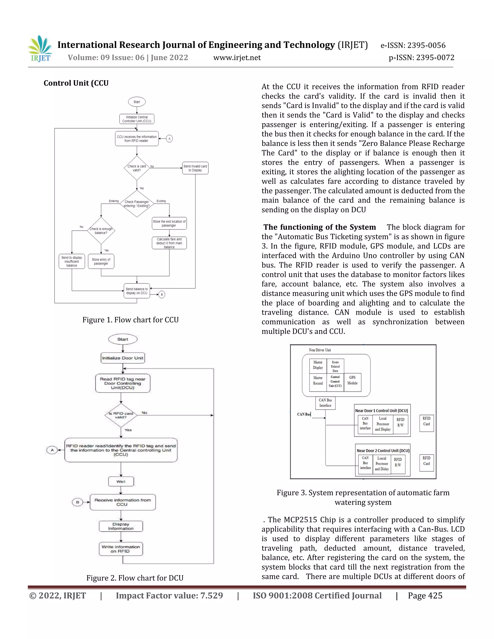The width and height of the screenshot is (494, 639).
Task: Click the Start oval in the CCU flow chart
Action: pos(137,102)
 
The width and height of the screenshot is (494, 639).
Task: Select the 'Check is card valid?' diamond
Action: pos(137,168)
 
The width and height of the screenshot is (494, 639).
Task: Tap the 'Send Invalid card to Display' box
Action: pos(195,168)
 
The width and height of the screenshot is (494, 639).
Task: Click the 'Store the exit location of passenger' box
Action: pos(169,223)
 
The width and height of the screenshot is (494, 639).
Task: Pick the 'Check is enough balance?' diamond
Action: pos(101,231)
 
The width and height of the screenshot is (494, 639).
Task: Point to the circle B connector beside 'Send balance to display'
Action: pos(162,294)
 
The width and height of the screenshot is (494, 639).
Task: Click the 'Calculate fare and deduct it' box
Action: pos(169,243)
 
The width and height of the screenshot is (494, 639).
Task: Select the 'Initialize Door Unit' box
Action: pos(123,358)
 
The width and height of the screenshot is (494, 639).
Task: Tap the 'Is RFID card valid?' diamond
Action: pos(121,415)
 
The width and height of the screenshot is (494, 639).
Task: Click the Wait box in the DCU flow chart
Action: pos(121,481)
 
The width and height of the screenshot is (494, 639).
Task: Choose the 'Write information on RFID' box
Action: pos(121,549)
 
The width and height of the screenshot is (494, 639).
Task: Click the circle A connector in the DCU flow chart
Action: pos(52,450)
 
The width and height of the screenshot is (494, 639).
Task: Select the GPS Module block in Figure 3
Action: pos(352,380)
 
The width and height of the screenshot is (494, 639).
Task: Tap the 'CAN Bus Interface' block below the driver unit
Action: pos(325,403)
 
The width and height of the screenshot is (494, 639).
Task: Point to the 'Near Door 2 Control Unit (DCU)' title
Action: pos(383,451)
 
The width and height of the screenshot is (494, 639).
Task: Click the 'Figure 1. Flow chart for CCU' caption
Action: pos(130,320)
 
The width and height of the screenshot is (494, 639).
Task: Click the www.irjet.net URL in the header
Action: pos(237,58)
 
